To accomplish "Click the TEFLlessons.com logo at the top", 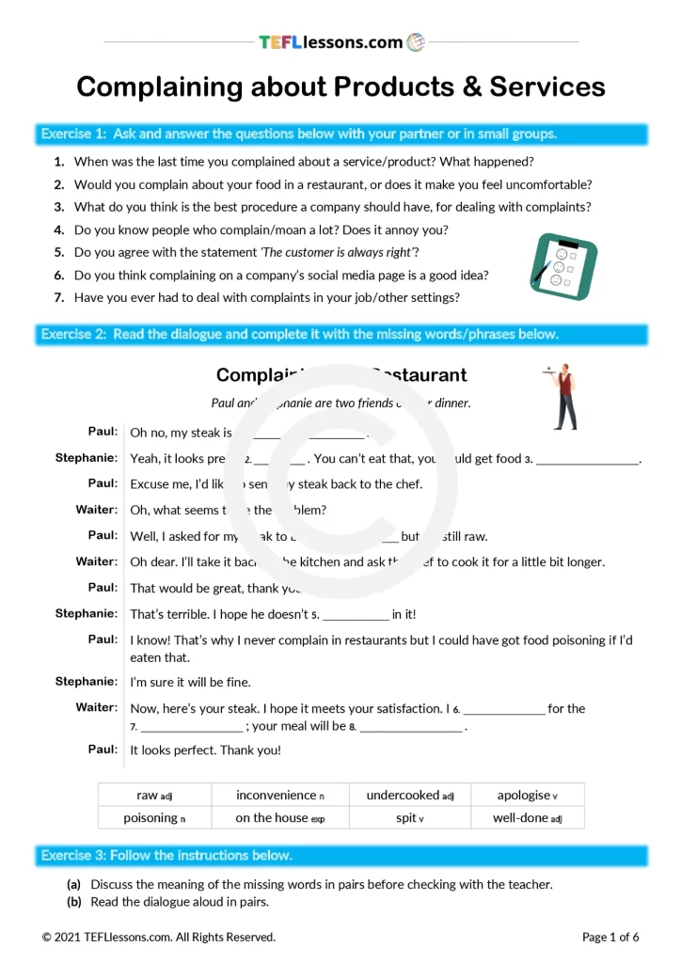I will [340, 42].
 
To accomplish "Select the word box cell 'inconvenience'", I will [280, 796].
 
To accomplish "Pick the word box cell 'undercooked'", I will [409, 796].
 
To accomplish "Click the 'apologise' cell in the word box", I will [527, 796].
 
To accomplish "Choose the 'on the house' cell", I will [280, 818].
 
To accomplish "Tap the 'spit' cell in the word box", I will [409, 818].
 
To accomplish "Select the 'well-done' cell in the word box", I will [527, 818].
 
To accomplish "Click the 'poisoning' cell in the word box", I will [154, 818].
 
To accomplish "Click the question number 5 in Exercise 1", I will [59, 252].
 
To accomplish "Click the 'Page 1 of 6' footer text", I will [610, 937].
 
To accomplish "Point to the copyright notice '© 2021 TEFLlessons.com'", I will [159, 937].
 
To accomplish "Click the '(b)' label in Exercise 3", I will [74, 902].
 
